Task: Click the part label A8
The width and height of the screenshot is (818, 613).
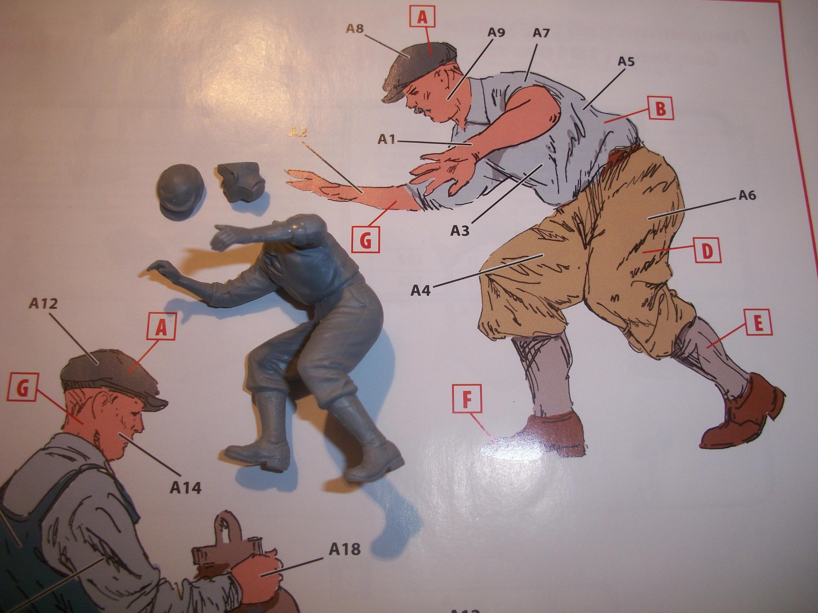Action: click(x=355, y=29)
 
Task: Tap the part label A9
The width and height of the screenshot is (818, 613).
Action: click(x=496, y=33)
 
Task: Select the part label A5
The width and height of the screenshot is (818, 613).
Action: click(x=626, y=61)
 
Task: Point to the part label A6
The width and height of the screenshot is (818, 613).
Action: click(x=747, y=195)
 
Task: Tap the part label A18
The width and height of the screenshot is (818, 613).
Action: click(x=344, y=549)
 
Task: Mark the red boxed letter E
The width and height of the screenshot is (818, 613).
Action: click(x=757, y=324)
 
